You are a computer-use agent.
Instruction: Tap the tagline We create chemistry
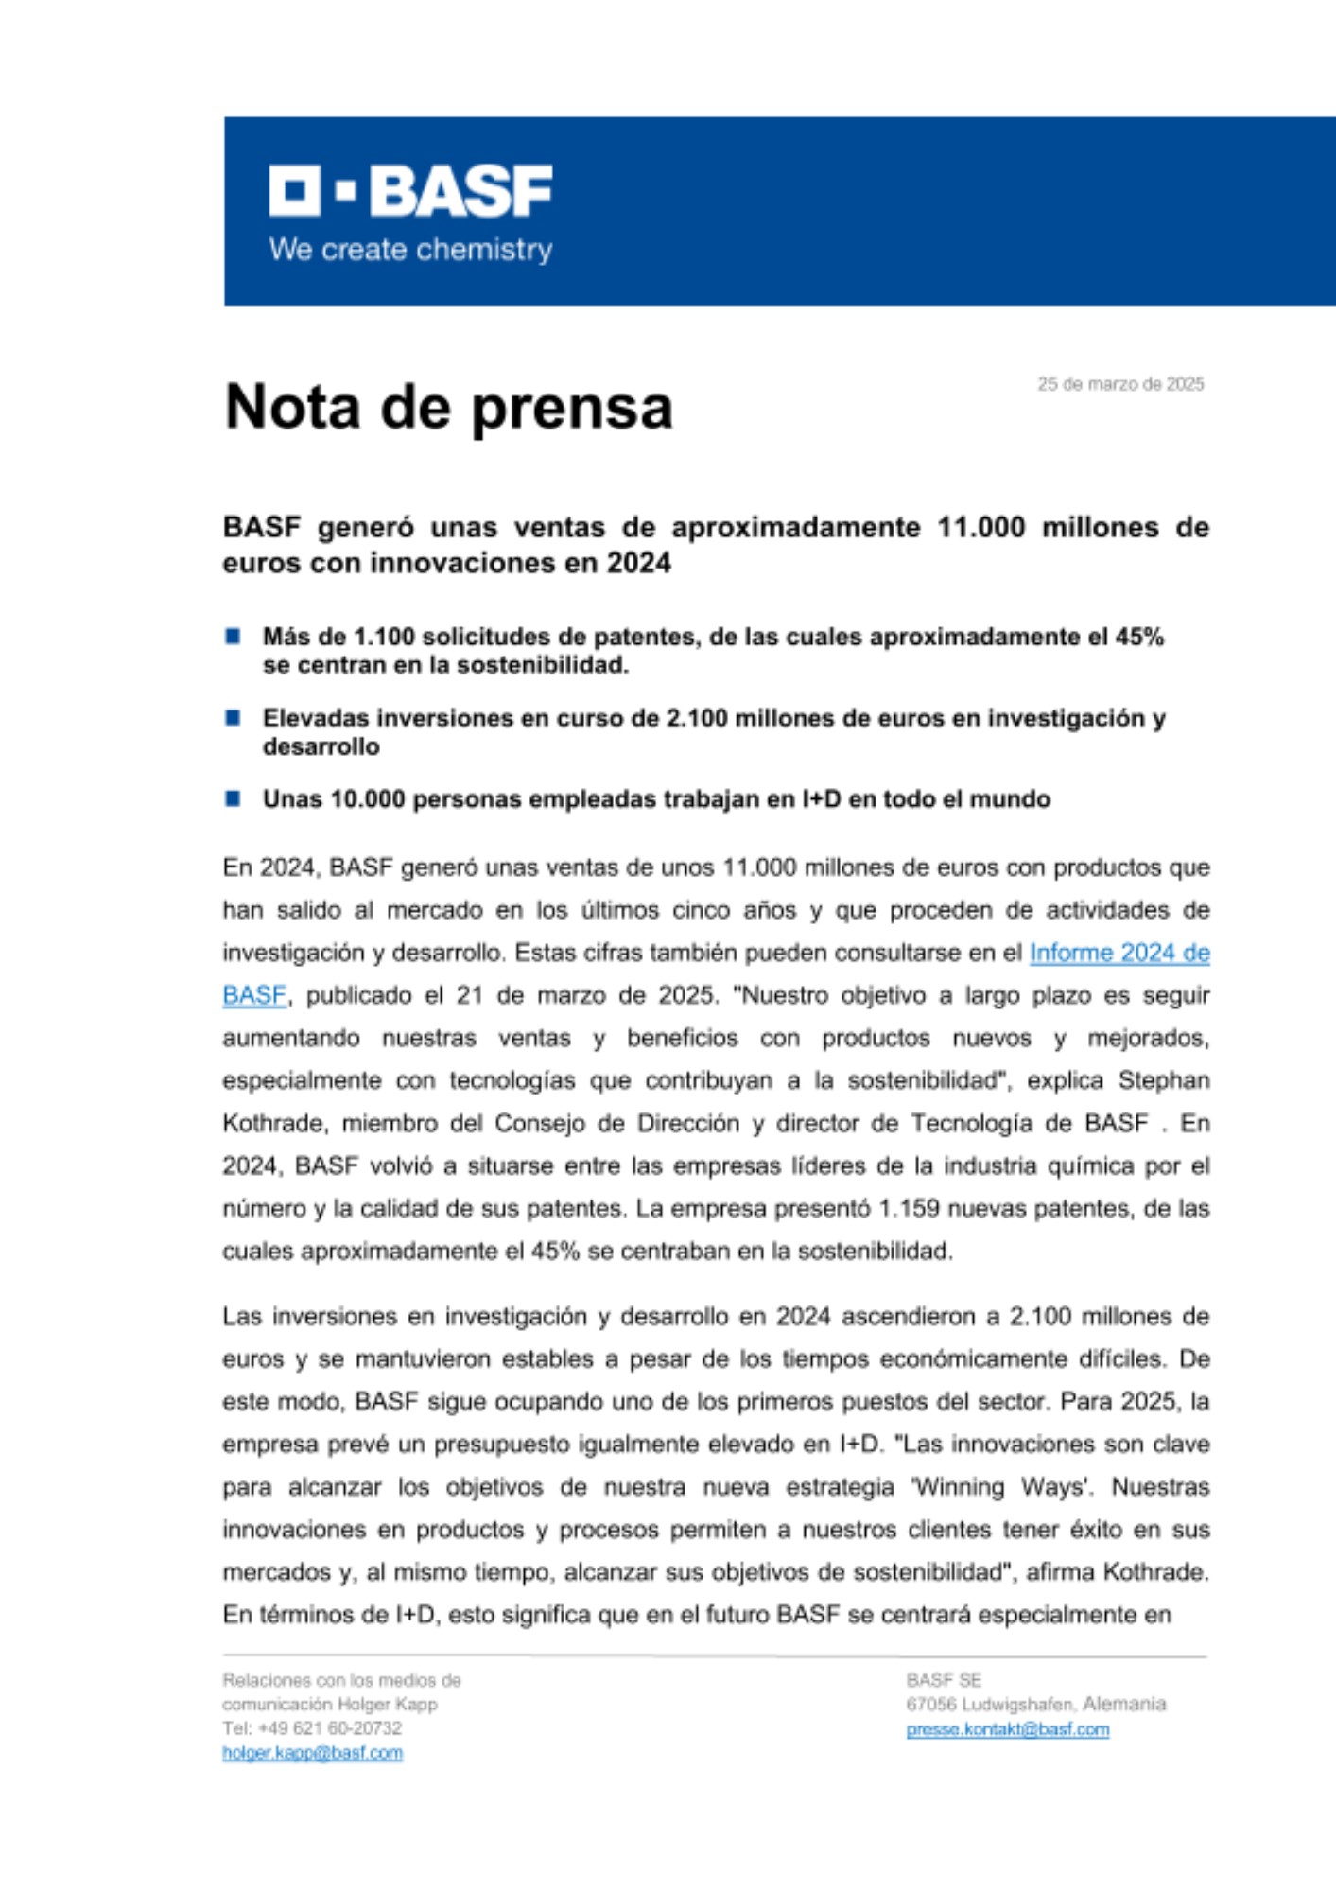point(410,250)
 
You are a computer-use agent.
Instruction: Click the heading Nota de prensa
point(448,407)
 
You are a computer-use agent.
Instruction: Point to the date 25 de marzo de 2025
point(1120,384)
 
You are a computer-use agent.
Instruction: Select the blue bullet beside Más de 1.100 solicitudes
point(233,636)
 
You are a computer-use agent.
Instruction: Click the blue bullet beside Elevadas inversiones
point(233,717)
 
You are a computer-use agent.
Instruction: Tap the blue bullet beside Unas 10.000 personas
point(233,798)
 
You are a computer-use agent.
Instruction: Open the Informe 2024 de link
point(1119,953)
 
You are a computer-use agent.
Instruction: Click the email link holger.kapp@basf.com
point(312,1753)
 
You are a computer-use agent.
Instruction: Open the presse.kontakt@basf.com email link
point(1007,1729)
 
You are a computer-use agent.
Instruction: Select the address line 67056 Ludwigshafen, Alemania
point(1035,1704)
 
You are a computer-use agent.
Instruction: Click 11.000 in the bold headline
point(980,527)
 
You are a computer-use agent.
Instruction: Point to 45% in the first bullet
point(1139,637)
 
